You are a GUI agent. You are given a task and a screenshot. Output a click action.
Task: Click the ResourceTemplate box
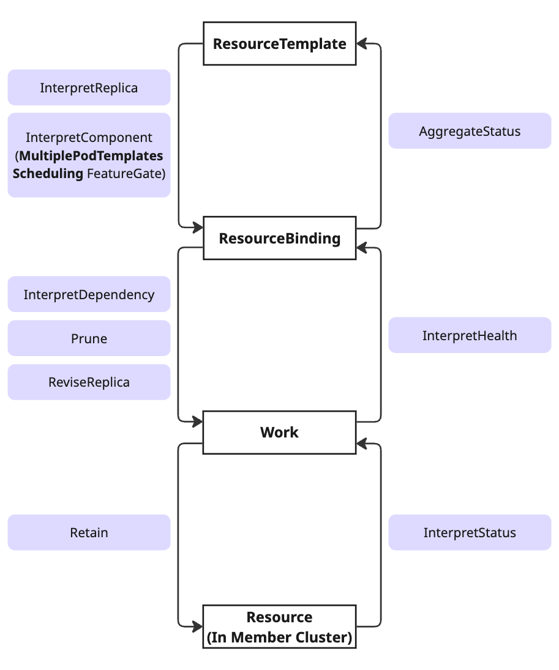279,43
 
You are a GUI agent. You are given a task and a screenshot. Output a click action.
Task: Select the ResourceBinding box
279,238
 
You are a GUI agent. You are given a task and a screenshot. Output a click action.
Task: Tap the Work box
279,432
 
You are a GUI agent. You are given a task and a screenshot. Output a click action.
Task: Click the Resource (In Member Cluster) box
279,627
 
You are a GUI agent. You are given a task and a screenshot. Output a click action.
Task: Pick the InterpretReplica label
89,87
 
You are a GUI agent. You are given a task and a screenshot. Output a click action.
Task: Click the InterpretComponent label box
89,155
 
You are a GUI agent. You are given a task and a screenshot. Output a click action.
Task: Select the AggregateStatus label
470,131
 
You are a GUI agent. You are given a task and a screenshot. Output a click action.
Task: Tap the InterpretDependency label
89,294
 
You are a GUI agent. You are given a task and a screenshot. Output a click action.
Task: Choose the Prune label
89,338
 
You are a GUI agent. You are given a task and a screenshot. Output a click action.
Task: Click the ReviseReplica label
89,382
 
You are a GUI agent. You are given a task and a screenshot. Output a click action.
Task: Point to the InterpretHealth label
470,335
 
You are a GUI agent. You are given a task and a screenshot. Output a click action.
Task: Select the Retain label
89,532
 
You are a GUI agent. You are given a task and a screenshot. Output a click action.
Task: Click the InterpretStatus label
470,532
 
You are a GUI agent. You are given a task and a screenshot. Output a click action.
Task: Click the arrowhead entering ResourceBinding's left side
197,228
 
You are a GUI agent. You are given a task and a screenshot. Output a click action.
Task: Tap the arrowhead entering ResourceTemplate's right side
362,43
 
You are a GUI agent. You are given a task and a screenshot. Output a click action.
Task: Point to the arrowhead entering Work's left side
197,422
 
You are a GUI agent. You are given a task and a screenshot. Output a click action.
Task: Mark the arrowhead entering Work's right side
362,442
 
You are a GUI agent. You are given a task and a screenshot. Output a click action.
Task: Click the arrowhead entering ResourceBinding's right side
362,248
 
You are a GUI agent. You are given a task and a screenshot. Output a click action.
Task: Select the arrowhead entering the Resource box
197,627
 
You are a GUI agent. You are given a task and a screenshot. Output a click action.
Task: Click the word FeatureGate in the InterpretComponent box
126,173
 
